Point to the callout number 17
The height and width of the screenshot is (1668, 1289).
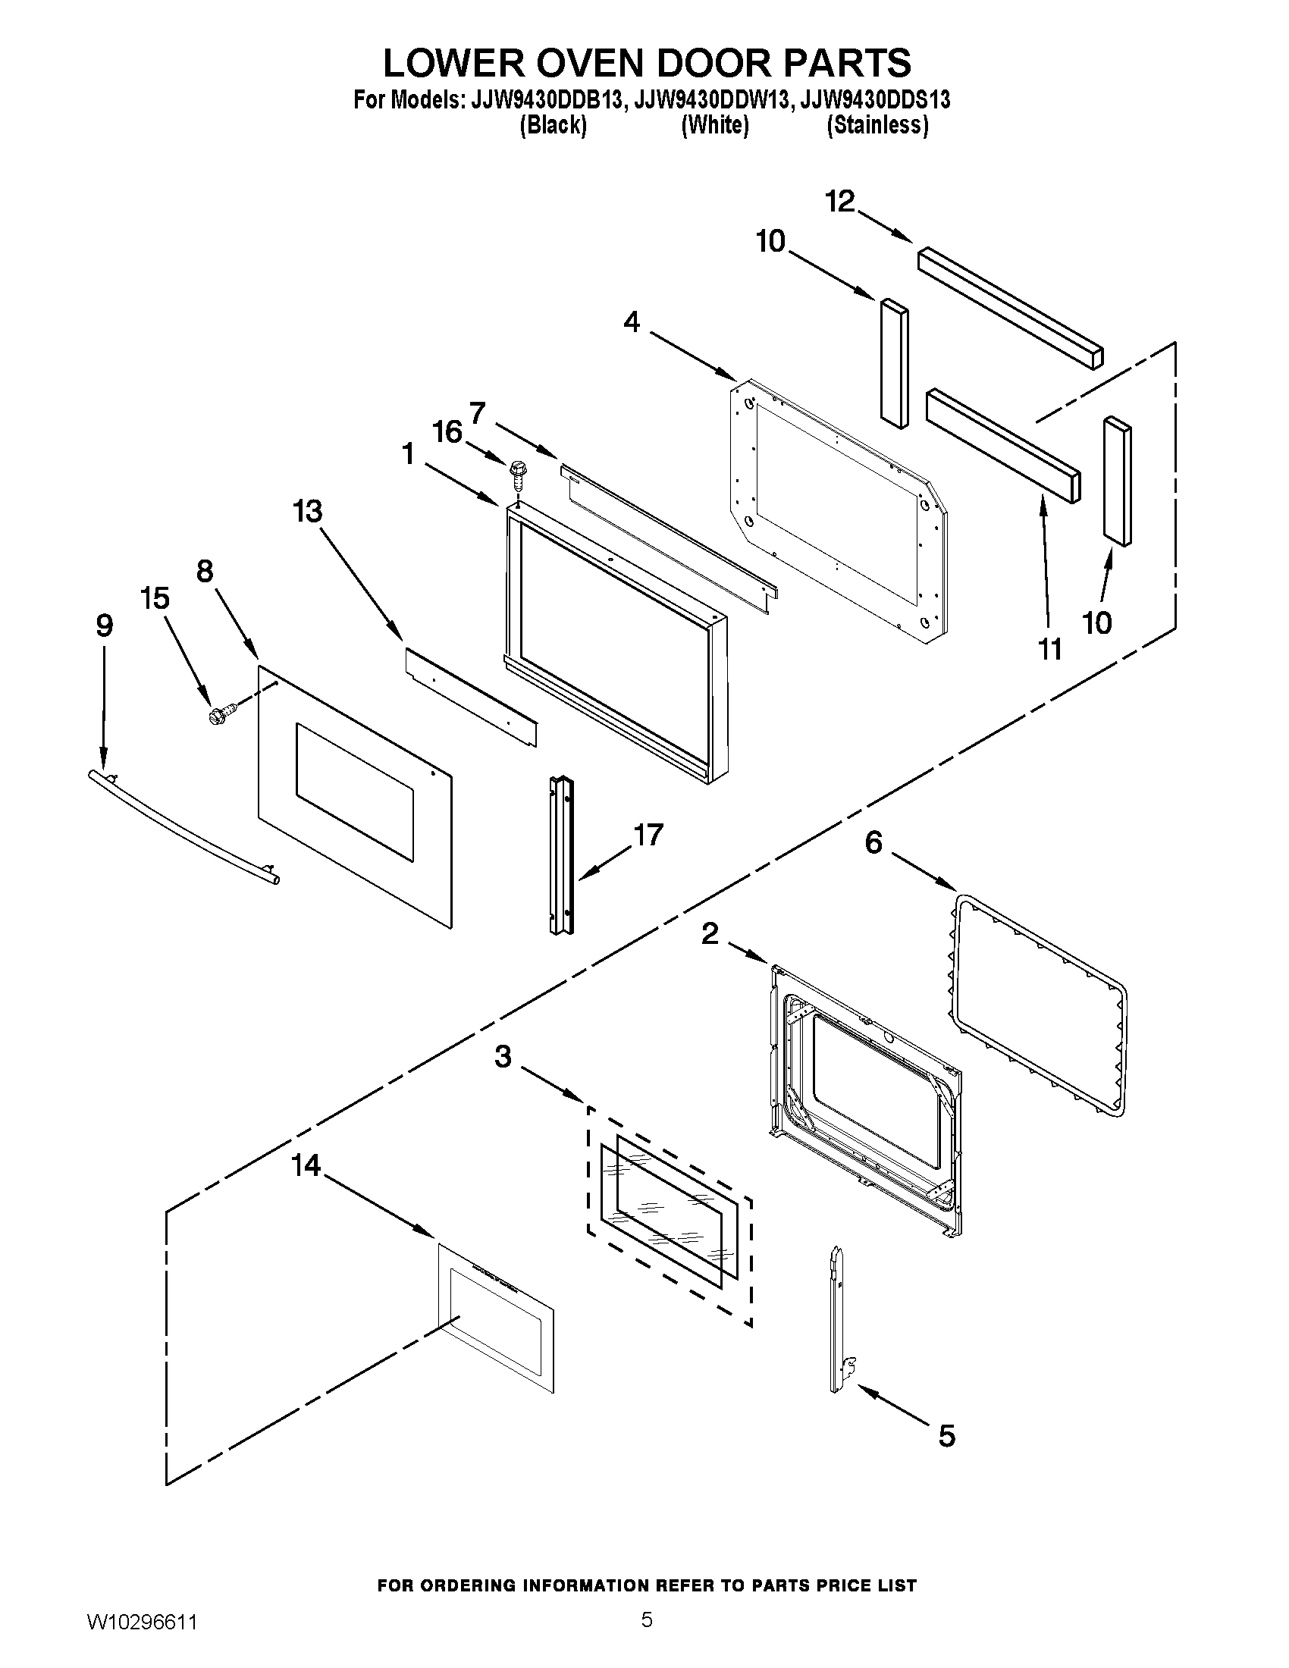point(648,834)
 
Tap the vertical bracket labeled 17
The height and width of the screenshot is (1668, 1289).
point(561,854)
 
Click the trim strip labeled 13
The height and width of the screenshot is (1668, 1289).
point(470,696)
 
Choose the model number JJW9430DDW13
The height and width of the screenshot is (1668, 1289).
point(710,101)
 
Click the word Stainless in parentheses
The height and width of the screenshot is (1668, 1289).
point(877,125)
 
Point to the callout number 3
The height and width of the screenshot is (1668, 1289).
point(503,1058)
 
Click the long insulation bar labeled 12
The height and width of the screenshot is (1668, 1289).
point(1011,308)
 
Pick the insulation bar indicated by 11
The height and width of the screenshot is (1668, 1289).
point(1003,445)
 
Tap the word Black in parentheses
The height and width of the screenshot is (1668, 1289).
point(553,125)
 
